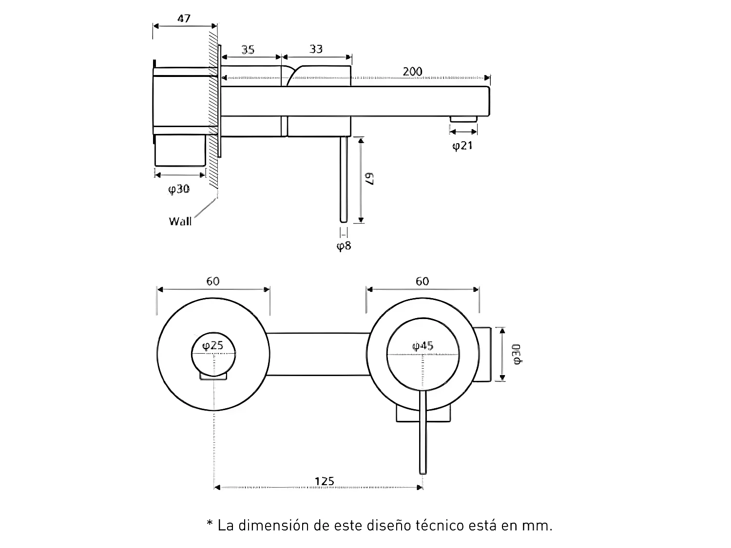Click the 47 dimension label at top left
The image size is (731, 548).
coord(184,19)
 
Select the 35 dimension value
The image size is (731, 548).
coord(248,49)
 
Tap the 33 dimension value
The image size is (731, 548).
coord(316,49)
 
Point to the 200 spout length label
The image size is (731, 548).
coord(412,72)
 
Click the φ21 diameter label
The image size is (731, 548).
coord(462,145)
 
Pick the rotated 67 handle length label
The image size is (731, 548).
coord(370,178)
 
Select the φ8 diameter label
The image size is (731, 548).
coord(344,246)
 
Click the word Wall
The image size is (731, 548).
coord(180,221)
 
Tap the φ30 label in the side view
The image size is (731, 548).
coord(179,189)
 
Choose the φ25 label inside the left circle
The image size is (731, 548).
coord(213,345)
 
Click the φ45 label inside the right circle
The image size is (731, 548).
coord(423,346)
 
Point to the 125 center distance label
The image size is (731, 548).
coord(324,481)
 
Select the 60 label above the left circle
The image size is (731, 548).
coord(213,281)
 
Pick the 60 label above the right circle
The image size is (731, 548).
coord(423,281)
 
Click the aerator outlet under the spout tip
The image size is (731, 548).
coord(463,119)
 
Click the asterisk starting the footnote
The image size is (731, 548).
coord(210,524)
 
